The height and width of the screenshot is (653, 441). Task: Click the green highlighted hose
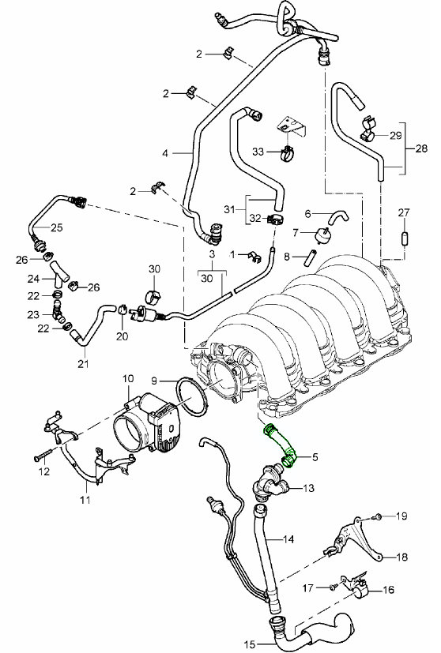coord(281,443)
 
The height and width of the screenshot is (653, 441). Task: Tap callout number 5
coord(314,456)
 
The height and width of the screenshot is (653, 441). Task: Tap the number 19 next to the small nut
coord(401,516)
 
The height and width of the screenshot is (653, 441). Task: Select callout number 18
coord(401,557)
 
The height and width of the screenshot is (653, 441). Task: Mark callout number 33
coord(258,151)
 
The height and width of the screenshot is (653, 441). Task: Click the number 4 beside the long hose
coord(166,152)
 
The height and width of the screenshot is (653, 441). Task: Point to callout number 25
coord(56,227)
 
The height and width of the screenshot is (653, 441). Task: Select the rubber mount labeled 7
coord(322,235)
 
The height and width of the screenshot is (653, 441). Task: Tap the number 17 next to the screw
coord(309,587)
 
